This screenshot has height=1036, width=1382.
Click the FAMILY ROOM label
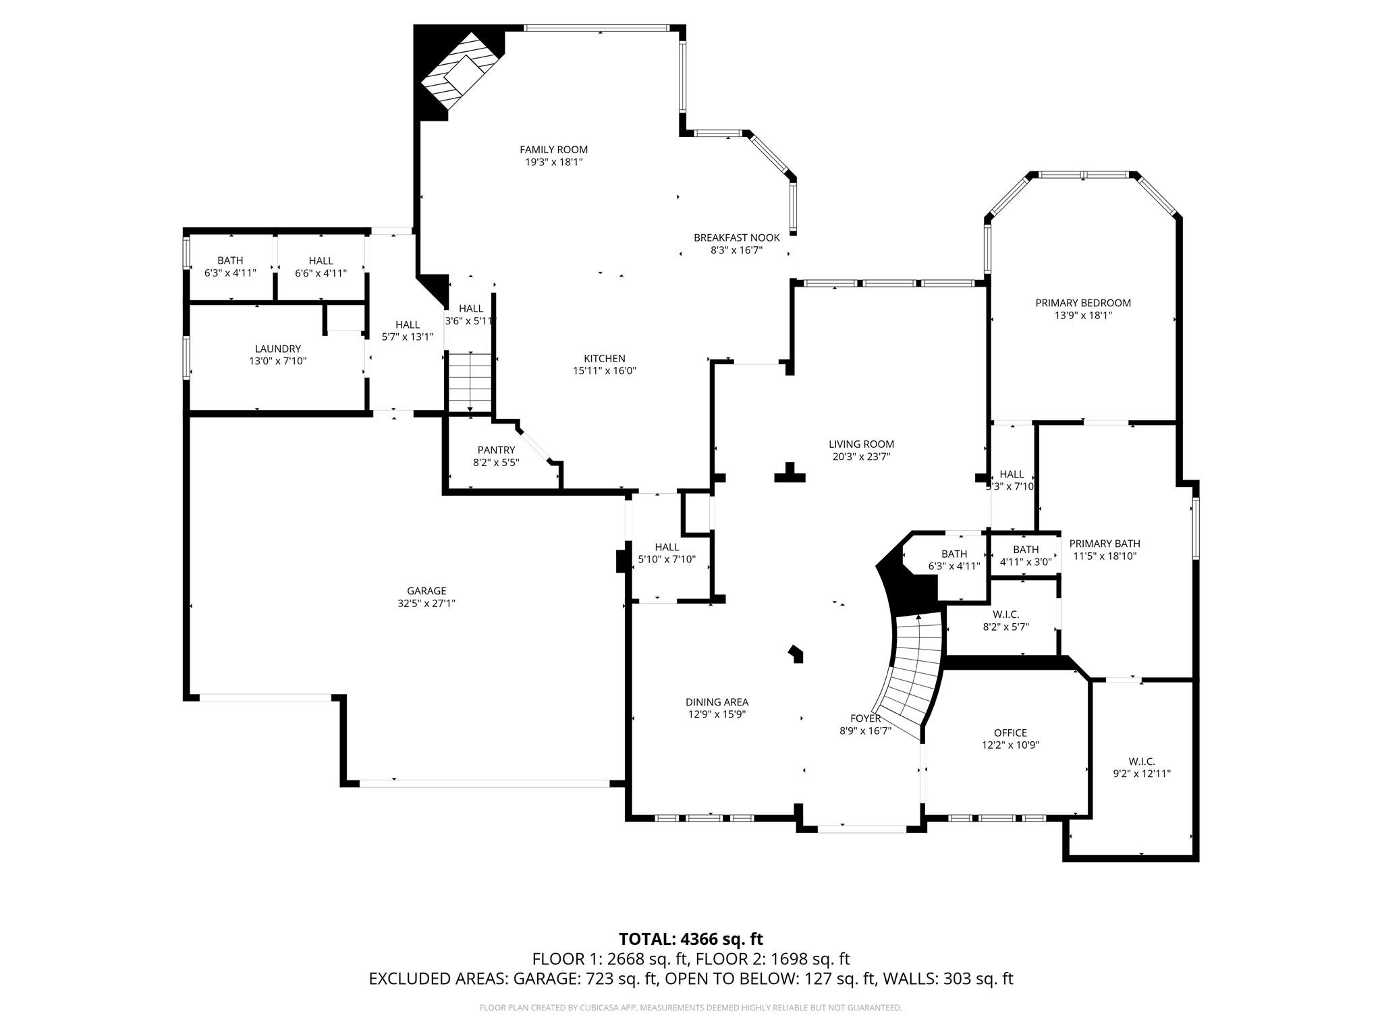point(553,150)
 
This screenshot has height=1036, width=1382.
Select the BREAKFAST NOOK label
point(736,237)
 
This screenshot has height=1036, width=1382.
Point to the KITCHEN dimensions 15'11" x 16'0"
point(605,370)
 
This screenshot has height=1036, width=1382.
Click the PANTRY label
point(496,450)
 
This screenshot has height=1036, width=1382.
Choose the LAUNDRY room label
point(277,349)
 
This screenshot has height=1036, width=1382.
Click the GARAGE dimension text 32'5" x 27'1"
point(426,604)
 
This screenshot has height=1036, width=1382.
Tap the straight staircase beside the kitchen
point(470,381)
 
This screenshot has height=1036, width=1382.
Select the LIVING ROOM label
point(861,444)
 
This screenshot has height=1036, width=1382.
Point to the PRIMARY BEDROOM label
point(1082,303)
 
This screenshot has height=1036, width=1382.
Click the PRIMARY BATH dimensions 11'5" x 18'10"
point(1105,556)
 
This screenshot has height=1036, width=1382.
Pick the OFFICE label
point(1010,732)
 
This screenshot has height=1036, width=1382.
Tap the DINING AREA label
point(717,702)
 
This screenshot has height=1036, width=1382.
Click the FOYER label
point(865,718)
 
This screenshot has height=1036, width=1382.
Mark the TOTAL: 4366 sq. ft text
point(690,939)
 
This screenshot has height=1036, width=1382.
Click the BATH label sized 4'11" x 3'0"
point(1025,550)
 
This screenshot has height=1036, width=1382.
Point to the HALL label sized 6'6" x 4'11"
point(321,260)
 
